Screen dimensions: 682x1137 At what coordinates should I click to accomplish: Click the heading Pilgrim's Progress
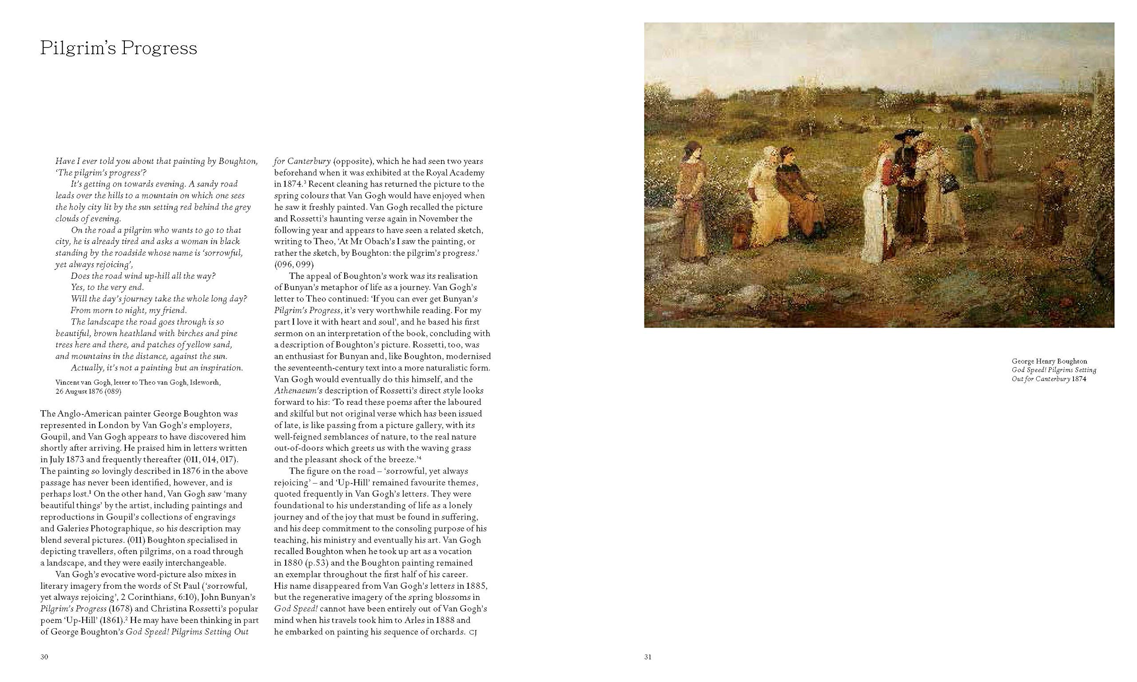[119, 48]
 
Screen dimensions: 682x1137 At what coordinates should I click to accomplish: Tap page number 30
[44, 657]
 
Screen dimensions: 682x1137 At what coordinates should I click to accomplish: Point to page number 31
[648, 657]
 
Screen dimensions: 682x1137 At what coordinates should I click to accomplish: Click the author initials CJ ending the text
[473, 632]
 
